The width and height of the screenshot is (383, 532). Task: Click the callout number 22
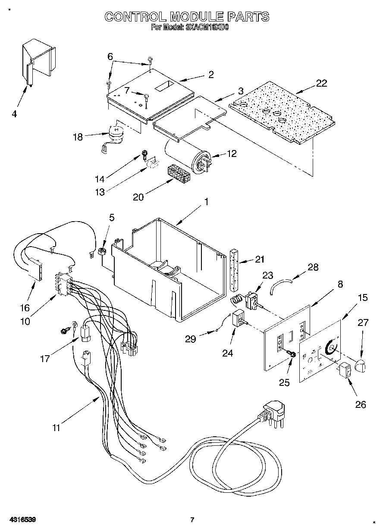321,84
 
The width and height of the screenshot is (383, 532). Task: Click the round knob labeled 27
361,367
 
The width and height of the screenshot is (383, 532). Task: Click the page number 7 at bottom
192,520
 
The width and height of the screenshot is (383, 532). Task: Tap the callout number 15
363,297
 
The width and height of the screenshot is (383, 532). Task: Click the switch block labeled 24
238,319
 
